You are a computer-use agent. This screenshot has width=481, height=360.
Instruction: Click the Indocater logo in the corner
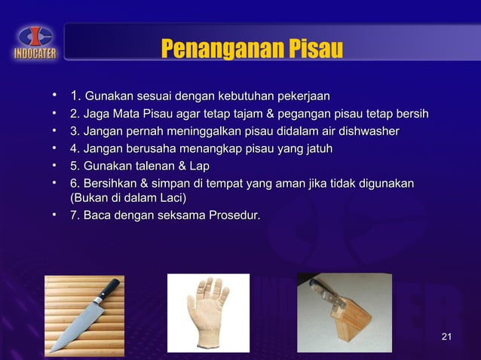pyautogui.click(x=32, y=41)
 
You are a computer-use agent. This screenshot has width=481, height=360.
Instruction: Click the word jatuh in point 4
pyautogui.click(x=315, y=149)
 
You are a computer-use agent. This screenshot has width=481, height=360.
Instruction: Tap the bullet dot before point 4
pyautogui.click(x=55, y=149)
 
